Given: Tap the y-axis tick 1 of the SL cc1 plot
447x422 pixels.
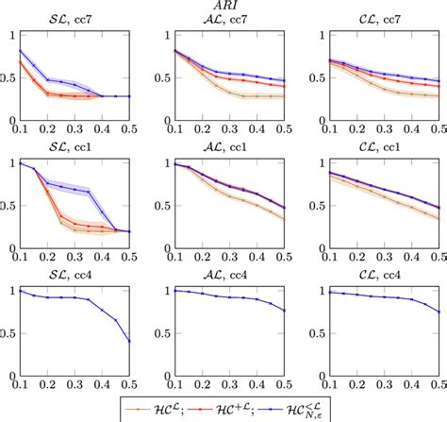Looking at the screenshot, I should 10,163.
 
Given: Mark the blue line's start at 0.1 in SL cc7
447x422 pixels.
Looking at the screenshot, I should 18,51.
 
